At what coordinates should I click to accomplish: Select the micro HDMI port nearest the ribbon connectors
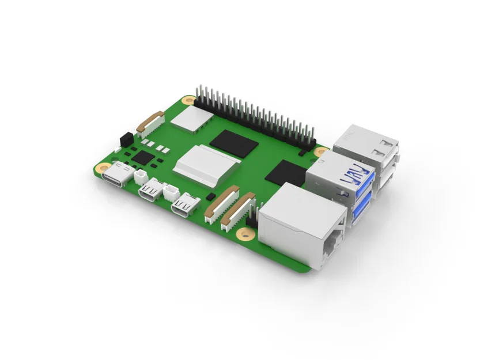[x=187, y=206]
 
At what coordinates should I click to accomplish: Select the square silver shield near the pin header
[x=192, y=119]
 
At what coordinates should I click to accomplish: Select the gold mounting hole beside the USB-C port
[x=100, y=168]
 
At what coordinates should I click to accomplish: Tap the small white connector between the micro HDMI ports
[x=171, y=192]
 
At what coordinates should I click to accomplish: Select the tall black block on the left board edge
[x=123, y=139]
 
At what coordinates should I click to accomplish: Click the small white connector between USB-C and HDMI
[x=141, y=176]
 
